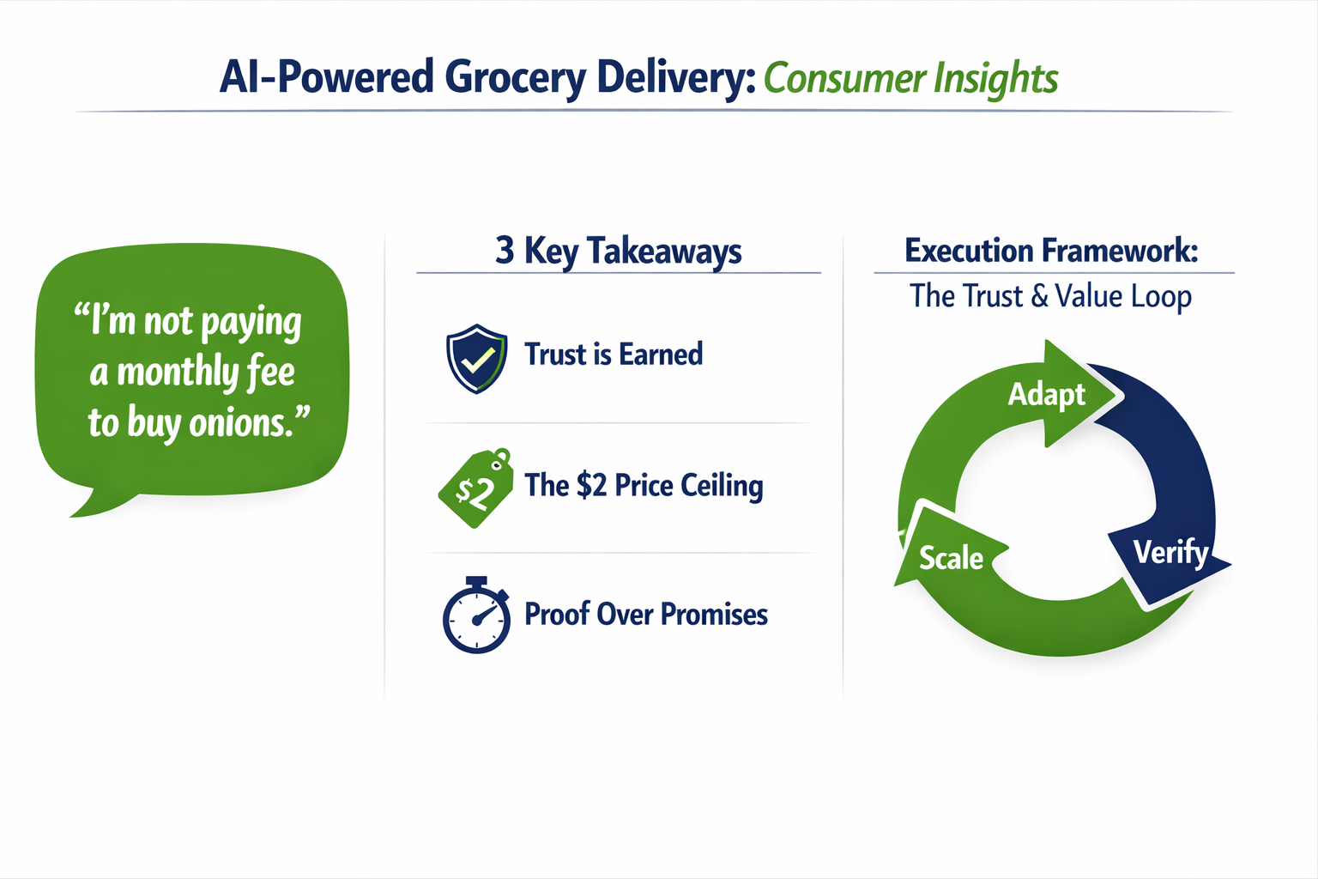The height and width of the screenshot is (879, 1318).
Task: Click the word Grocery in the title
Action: [x=515, y=77]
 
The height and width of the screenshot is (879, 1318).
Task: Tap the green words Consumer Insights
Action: [x=910, y=78]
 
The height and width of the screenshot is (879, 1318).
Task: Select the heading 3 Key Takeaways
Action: [x=618, y=251]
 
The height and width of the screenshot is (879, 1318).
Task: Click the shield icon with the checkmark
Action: [x=476, y=358]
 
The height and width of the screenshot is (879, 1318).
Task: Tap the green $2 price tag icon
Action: [x=475, y=488]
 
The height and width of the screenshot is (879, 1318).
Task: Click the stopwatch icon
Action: [x=476, y=615]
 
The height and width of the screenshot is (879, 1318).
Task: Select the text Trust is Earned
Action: [x=614, y=355]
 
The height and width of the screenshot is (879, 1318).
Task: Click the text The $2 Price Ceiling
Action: [x=644, y=486]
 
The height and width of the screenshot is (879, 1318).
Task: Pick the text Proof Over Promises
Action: [x=645, y=615]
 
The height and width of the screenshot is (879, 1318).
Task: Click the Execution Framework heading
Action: [x=1051, y=251]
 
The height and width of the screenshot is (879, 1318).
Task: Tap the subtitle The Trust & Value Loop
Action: [x=1050, y=296]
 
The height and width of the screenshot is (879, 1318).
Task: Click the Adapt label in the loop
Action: [x=1046, y=395]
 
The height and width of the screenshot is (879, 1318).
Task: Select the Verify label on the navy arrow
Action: [x=1170, y=552]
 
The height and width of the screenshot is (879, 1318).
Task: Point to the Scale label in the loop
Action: [x=951, y=558]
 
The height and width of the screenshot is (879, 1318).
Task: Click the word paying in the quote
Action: [x=251, y=323]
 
